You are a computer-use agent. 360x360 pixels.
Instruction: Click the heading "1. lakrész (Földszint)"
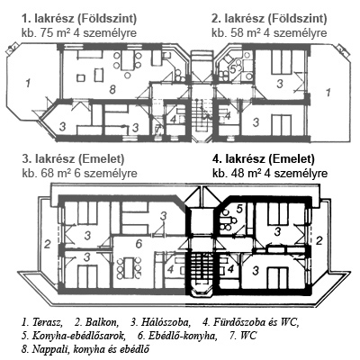click(x=79, y=19)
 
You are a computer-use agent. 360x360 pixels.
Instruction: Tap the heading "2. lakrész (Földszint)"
click(x=269, y=19)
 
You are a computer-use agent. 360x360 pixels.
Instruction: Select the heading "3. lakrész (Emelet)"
click(x=73, y=159)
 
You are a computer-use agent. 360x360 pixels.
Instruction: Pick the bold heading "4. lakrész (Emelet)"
click(x=264, y=159)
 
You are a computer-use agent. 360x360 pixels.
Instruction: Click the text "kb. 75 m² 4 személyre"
click(x=79, y=32)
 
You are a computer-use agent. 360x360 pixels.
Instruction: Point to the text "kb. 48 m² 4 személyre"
click(x=270, y=173)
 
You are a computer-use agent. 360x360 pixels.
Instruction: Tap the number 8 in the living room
click(x=112, y=89)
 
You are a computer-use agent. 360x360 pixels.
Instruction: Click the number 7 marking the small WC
click(x=158, y=129)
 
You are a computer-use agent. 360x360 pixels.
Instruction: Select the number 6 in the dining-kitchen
click(x=139, y=244)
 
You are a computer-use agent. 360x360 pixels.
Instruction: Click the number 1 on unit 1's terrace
click(x=28, y=83)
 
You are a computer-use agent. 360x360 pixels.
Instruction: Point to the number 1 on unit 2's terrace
click(x=328, y=92)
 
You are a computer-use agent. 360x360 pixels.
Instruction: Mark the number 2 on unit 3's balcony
click(x=47, y=245)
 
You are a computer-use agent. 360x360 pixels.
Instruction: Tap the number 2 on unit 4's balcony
click(x=319, y=240)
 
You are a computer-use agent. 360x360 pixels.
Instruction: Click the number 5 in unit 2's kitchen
click(x=232, y=68)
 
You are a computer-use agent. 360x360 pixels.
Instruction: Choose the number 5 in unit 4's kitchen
click(x=239, y=209)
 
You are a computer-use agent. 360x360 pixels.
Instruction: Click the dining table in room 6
click(x=130, y=268)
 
